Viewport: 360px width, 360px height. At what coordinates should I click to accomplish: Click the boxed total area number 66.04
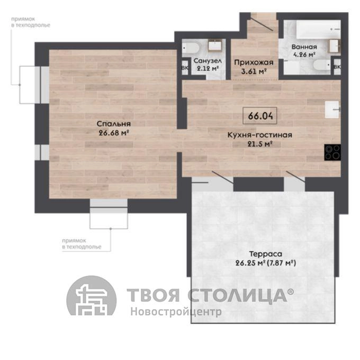tap(260, 116)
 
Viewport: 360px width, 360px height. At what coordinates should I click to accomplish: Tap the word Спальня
tap(114, 124)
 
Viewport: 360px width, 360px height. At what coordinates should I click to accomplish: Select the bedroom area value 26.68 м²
tap(113, 133)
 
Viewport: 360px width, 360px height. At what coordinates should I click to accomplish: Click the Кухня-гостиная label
tap(259, 135)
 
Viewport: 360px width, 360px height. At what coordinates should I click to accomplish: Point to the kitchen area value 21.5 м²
tap(260, 144)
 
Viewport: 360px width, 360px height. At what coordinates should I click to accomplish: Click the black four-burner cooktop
tap(332, 152)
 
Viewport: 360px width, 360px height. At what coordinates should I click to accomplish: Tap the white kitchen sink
tap(332, 110)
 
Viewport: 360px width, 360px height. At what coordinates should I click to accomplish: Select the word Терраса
tap(265, 254)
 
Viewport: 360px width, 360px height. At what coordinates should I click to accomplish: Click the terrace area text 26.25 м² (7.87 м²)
tap(266, 263)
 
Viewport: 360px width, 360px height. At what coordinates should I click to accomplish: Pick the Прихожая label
tap(254, 62)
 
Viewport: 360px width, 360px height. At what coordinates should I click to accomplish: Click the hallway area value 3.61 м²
tap(254, 71)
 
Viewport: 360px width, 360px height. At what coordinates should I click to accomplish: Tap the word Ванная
tap(304, 47)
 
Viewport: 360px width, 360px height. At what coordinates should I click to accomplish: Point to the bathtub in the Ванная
tap(318, 30)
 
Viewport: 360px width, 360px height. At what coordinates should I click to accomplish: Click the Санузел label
tap(208, 61)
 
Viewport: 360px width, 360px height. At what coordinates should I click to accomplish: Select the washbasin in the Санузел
tap(215, 45)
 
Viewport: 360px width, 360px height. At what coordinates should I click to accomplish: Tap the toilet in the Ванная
tap(322, 65)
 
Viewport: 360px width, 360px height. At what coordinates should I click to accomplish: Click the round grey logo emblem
tap(92, 295)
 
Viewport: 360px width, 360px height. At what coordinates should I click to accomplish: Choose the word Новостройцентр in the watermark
tap(176, 312)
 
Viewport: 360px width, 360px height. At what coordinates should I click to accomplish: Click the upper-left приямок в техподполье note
tap(31, 22)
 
